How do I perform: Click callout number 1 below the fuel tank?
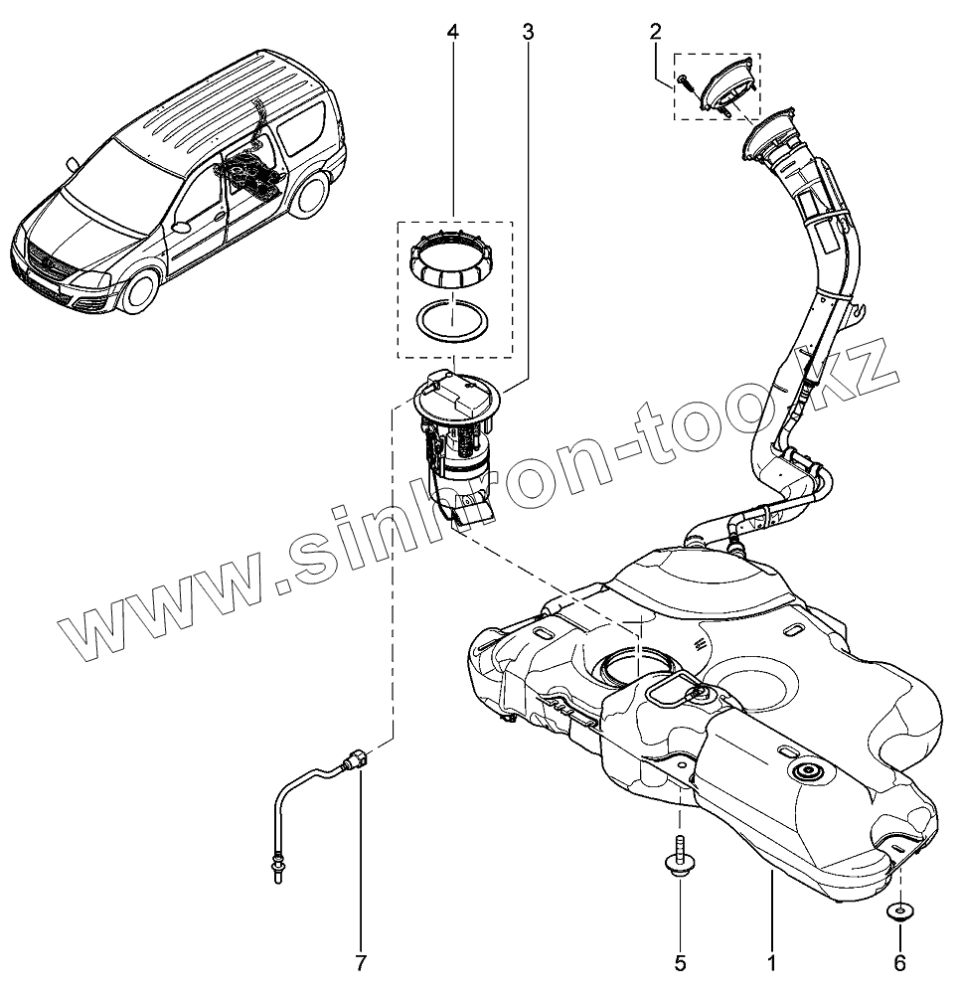tap(771, 963)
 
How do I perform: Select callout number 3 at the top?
tap(528, 33)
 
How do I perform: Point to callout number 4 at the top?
tap(453, 33)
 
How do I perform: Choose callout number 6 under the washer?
tap(899, 963)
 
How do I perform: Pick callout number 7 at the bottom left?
tap(361, 963)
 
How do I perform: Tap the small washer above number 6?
tap(899, 911)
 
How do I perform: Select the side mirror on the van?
tap(181, 227)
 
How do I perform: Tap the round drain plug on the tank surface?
tap(805, 772)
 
